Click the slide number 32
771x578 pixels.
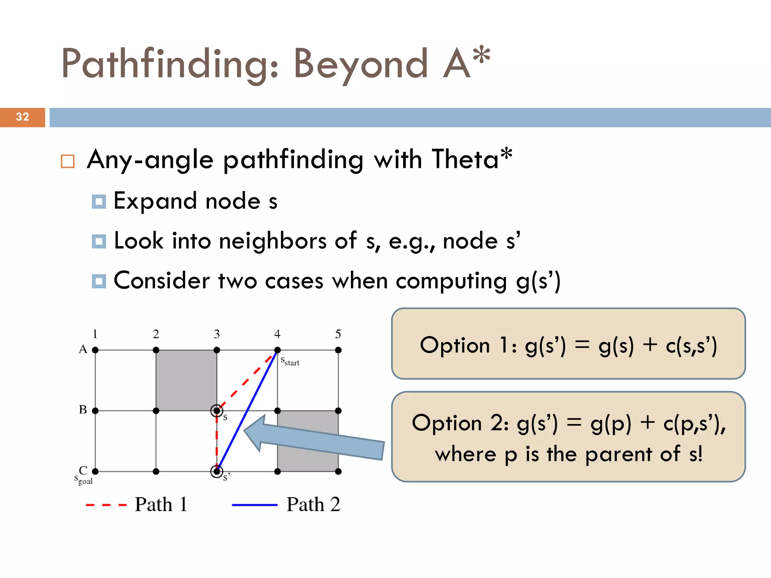coord(22,117)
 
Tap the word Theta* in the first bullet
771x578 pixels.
coord(472,159)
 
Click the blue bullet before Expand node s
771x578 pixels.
coord(99,202)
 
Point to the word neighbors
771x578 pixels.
coord(273,241)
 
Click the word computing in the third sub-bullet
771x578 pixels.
coord(451,281)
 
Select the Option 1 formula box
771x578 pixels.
coord(568,344)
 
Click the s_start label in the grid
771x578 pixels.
coord(290,362)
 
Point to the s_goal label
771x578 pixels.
coord(84,480)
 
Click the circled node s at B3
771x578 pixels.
coord(216,411)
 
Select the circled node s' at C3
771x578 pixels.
coord(216,471)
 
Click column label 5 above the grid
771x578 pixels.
coord(338,334)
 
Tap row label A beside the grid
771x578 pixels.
coord(83,349)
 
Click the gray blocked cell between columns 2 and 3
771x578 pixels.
coord(186,380)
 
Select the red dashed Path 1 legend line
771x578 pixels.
coord(106,505)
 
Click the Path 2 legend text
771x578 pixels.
coord(313,505)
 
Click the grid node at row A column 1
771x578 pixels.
coord(95,350)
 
